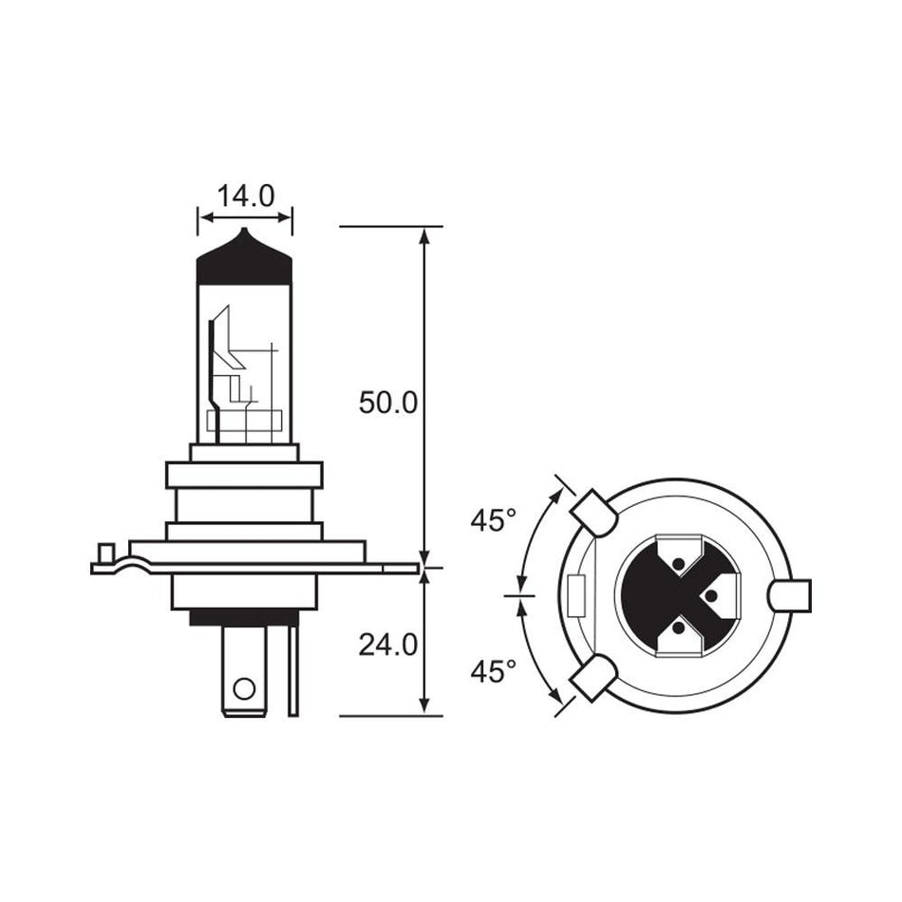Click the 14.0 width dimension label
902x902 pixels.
(245, 197)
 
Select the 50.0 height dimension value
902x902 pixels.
(387, 403)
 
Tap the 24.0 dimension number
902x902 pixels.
(387, 645)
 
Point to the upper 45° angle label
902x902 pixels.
(493, 520)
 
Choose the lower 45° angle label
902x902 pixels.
(493, 671)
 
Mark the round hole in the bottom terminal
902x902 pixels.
(244, 687)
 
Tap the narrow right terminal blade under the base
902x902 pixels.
(293, 669)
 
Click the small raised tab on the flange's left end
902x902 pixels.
(106, 553)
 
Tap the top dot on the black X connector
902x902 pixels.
(677, 566)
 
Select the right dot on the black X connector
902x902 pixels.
(710, 595)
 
